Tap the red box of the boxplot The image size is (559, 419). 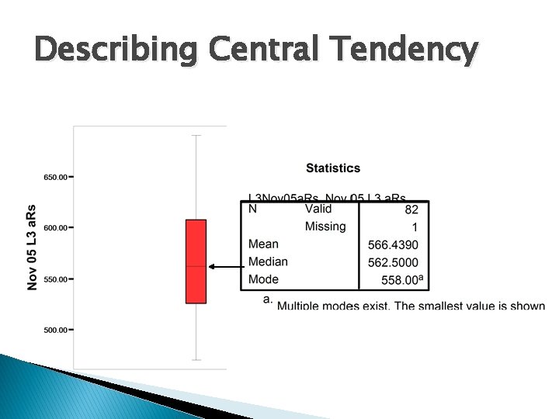point(196,261)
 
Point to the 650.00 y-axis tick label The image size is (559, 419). point(54,177)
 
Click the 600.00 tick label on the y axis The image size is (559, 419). point(54,228)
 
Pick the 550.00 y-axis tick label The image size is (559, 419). point(54,279)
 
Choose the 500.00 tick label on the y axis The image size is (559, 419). point(54,330)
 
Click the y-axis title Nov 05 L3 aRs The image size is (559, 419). point(32,248)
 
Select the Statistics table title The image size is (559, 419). point(333,168)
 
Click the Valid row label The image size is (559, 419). point(318,209)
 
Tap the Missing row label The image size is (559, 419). point(325,227)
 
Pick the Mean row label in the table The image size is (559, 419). point(263,244)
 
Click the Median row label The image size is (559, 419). point(268,261)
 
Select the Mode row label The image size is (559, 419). point(263,279)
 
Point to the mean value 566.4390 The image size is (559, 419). point(393,245)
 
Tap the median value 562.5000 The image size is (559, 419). point(393,262)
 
